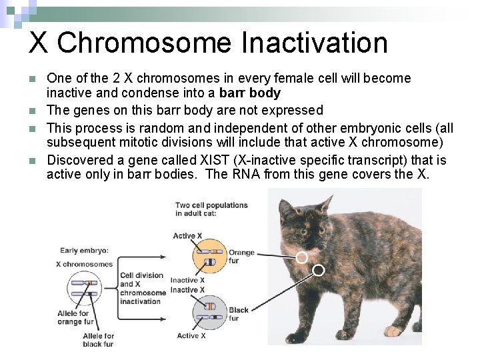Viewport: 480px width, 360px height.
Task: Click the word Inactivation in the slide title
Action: pyautogui.click(x=315, y=43)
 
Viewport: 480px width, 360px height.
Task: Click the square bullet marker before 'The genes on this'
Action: pyautogui.click(x=33, y=110)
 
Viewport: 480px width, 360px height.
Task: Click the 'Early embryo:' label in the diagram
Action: pyautogui.click(x=85, y=251)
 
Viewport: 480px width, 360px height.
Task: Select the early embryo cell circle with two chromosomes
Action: pyautogui.click(x=83, y=291)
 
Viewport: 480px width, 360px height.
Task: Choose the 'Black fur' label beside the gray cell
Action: pyautogui.click(x=238, y=314)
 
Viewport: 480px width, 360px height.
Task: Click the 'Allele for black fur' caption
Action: pyautogui.click(x=99, y=340)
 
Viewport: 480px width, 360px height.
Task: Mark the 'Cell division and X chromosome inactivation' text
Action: pyautogui.click(x=142, y=288)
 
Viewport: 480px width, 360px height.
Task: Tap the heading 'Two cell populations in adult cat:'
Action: pyautogui.click(x=211, y=209)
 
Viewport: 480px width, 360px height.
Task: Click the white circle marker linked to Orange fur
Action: pyautogui.click(x=302, y=257)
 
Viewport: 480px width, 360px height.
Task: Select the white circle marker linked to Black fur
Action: pyautogui.click(x=319, y=270)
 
